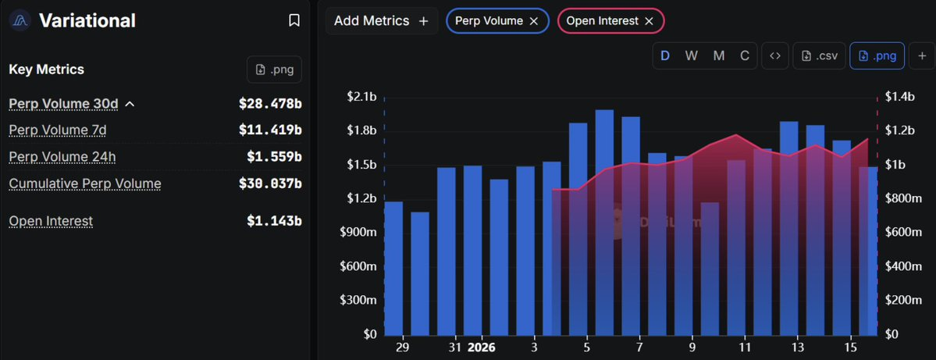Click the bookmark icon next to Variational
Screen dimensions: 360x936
[x=294, y=20]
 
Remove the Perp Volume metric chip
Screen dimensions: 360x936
[x=534, y=21]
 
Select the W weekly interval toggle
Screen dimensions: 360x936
[x=692, y=55]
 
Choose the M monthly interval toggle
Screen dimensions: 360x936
[x=719, y=55]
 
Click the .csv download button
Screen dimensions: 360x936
[x=820, y=55]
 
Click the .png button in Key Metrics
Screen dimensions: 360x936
[x=274, y=70]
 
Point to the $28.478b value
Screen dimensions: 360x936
[x=270, y=103]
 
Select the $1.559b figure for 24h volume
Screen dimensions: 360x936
[x=274, y=156]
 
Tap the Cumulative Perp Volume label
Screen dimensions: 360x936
[x=85, y=184]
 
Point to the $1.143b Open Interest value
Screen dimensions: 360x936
[x=274, y=221]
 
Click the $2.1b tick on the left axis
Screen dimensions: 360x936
[x=361, y=97]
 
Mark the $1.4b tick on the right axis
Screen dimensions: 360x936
[x=899, y=97]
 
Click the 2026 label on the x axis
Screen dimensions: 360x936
[x=481, y=347]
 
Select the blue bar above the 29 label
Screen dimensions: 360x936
[x=394, y=268]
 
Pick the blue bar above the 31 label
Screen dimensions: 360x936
[x=447, y=251]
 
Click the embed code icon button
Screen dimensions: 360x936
[x=774, y=55]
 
